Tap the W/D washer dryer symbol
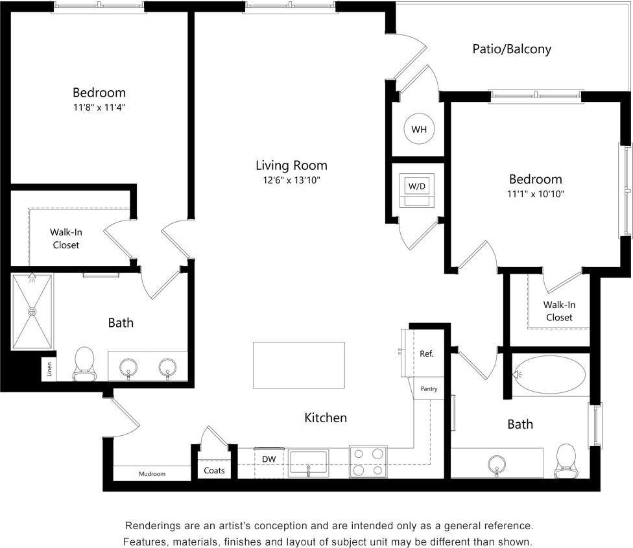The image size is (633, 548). [416, 187]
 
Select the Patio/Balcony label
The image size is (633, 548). [512, 49]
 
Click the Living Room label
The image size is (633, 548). [291, 165]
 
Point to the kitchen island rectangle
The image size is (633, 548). [298, 365]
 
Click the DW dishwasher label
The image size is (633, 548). [269, 459]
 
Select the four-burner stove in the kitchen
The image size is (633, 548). [368, 462]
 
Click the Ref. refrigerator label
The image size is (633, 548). [426, 354]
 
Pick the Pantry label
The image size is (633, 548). [429, 389]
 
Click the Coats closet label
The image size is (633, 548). [214, 470]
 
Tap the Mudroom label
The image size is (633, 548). [152, 474]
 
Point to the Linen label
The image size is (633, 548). [49, 370]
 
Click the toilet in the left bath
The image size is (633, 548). [84, 363]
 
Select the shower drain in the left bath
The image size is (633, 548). [32, 311]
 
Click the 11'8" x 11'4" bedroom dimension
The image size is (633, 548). [99, 108]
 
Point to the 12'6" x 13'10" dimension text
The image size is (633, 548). [291, 180]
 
